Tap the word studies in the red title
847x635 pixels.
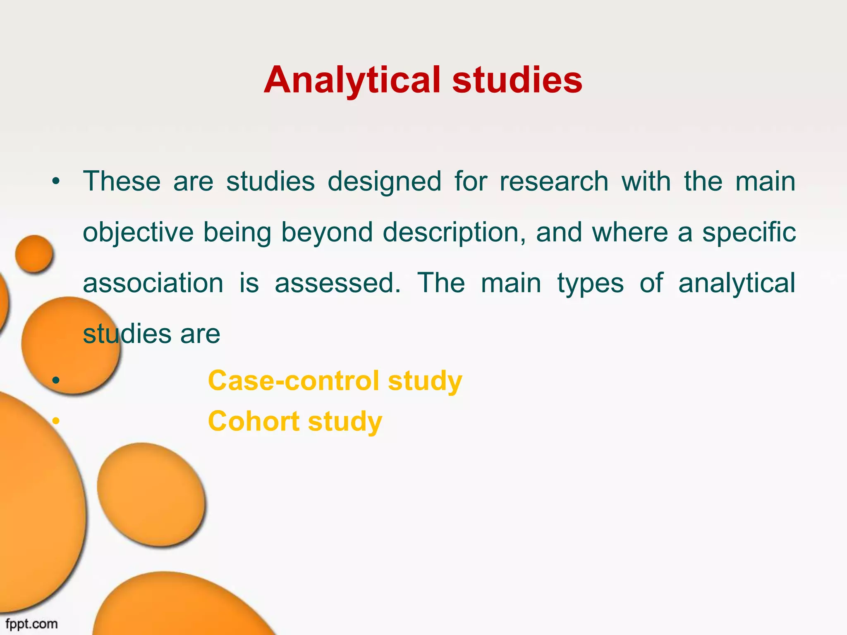[x=517, y=80]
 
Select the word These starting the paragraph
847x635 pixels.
[x=122, y=181]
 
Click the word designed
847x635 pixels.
[x=384, y=182]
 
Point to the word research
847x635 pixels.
[x=554, y=181]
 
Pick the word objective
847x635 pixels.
[x=138, y=233]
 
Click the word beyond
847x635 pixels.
[x=327, y=233]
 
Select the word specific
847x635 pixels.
[x=749, y=232]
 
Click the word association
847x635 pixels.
[x=153, y=283]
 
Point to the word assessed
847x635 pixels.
[x=337, y=283]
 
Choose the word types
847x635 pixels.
[x=590, y=284]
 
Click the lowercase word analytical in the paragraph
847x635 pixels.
[x=737, y=284]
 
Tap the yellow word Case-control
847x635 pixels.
[x=293, y=380]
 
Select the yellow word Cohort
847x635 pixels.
[x=254, y=421]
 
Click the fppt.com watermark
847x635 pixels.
[x=31, y=623]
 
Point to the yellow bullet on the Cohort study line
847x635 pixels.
[x=56, y=421]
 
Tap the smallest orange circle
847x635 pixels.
[x=34, y=254]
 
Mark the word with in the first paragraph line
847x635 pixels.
[x=646, y=181]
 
